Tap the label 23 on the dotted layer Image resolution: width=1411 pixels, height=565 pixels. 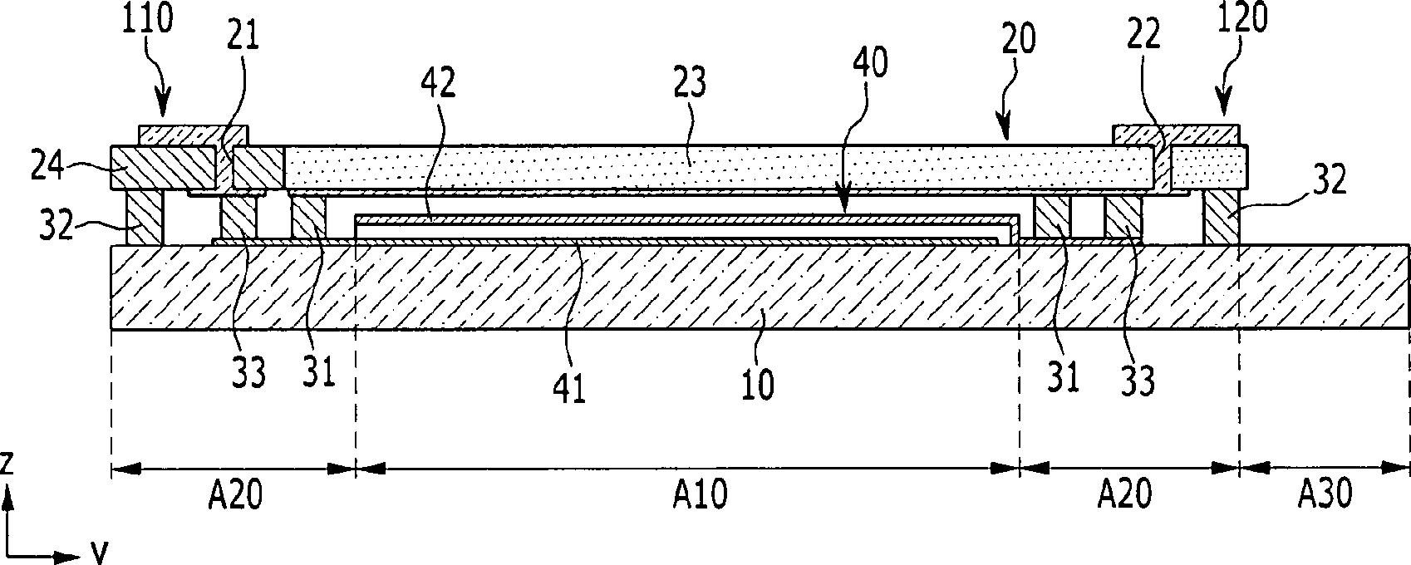coord(689,82)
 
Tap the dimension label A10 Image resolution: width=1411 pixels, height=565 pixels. coord(700,496)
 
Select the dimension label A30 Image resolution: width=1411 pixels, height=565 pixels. coord(1325,496)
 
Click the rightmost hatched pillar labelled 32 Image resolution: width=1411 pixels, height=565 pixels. coord(1222,218)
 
